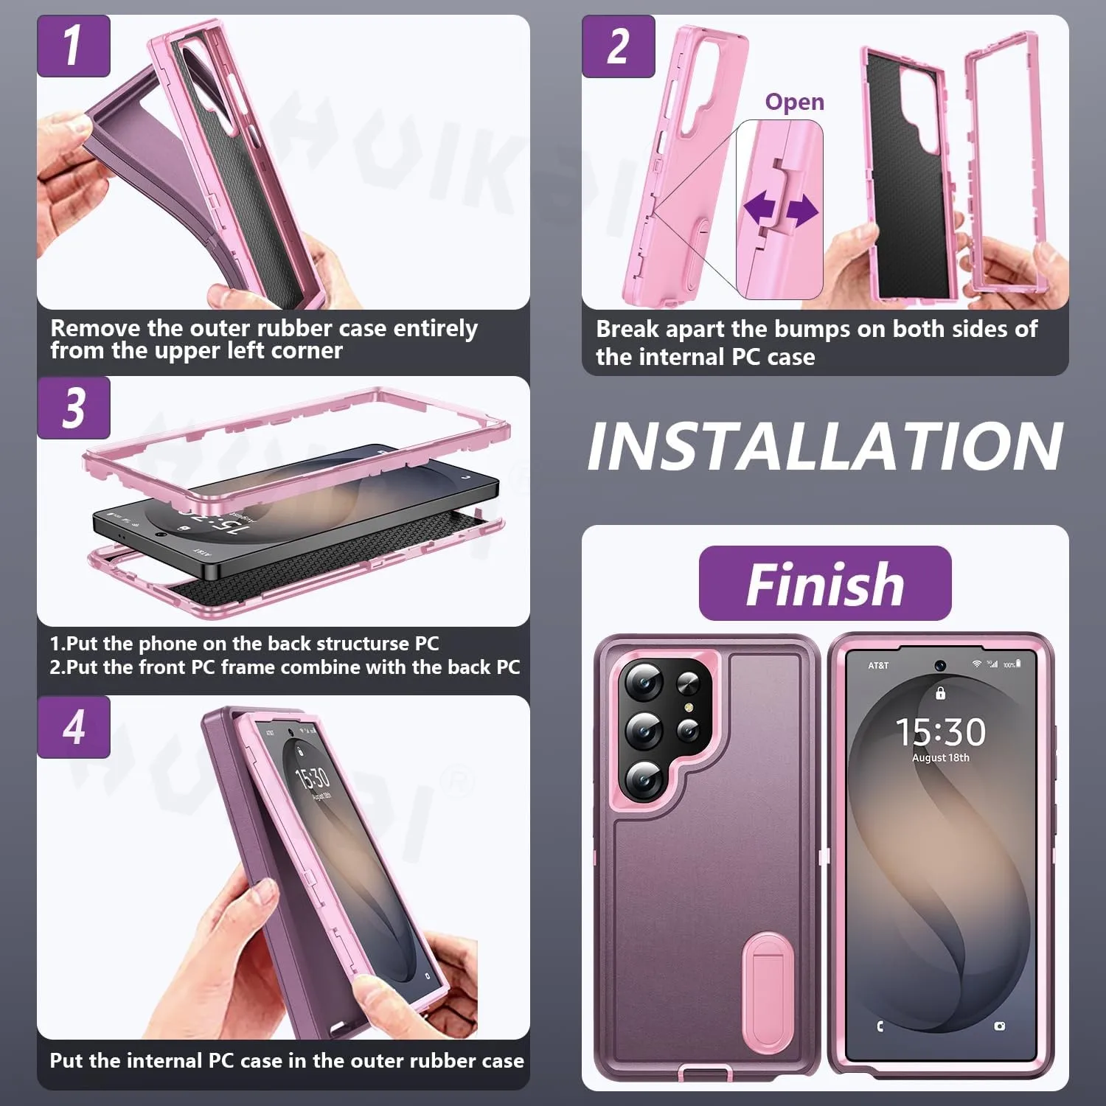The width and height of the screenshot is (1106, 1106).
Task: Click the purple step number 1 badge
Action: pyautogui.click(x=74, y=46)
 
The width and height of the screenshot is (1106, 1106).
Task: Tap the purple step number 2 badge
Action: pyautogui.click(x=618, y=46)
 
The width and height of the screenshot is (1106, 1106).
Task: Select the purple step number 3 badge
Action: pyautogui.click(x=74, y=408)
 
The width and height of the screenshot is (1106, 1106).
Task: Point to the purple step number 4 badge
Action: pyautogui.click(x=74, y=727)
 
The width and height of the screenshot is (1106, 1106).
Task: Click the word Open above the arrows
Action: pyautogui.click(x=794, y=102)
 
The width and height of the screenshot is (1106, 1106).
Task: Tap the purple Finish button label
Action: pyautogui.click(x=825, y=583)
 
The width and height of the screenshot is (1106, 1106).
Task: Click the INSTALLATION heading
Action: pyautogui.click(x=824, y=446)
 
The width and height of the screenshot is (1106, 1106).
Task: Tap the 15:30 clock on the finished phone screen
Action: pyautogui.click(x=940, y=732)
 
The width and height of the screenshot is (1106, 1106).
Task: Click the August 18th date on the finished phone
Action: pyautogui.click(x=941, y=758)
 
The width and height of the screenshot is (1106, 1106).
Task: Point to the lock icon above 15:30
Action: pyautogui.click(x=940, y=692)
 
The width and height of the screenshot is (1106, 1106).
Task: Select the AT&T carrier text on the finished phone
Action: pyautogui.click(x=878, y=666)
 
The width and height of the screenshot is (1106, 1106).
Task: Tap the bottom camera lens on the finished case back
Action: pyautogui.click(x=644, y=778)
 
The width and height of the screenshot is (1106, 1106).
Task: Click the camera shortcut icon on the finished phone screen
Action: pyautogui.click(x=999, y=1026)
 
